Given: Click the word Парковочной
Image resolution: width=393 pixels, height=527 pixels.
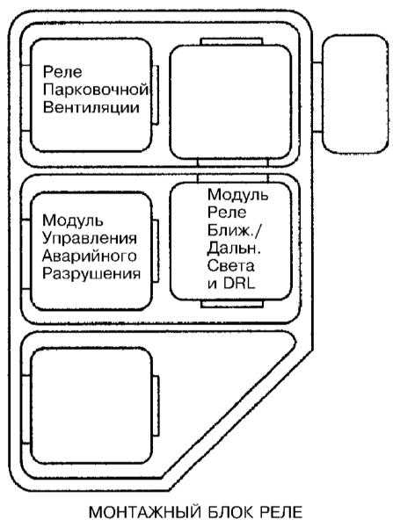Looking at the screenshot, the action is [96, 90].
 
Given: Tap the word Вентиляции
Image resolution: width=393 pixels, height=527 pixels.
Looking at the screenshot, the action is [91, 108].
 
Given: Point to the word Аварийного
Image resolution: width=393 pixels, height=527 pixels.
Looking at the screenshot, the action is [89, 256].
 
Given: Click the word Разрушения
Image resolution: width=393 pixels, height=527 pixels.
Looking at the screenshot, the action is [91, 274].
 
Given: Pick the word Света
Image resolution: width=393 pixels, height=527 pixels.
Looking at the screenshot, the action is [231, 265].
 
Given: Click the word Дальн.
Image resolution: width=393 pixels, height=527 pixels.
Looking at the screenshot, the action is [235, 249].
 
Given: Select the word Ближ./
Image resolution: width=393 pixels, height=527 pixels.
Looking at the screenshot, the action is [235, 230].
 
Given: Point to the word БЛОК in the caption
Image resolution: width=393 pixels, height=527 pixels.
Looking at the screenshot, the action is [231, 512].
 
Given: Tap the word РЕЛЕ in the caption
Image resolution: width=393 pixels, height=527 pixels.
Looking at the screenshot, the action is [281, 512].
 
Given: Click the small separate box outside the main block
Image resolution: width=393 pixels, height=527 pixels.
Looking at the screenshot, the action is [355, 95].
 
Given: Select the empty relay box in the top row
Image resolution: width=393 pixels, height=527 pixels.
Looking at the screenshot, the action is [230, 102].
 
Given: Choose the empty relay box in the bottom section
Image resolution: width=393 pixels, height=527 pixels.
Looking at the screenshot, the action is [91, 406].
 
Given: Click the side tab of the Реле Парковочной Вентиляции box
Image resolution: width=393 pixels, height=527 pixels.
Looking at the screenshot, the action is [156, 95].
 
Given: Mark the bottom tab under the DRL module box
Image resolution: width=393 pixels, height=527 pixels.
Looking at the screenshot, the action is [232, 304].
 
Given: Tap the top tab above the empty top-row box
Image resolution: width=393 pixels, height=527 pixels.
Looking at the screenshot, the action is [231, 41].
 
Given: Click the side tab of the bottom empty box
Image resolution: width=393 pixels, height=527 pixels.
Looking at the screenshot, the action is [156, 406].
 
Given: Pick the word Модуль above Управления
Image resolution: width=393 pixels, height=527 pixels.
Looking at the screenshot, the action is [73, 221].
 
